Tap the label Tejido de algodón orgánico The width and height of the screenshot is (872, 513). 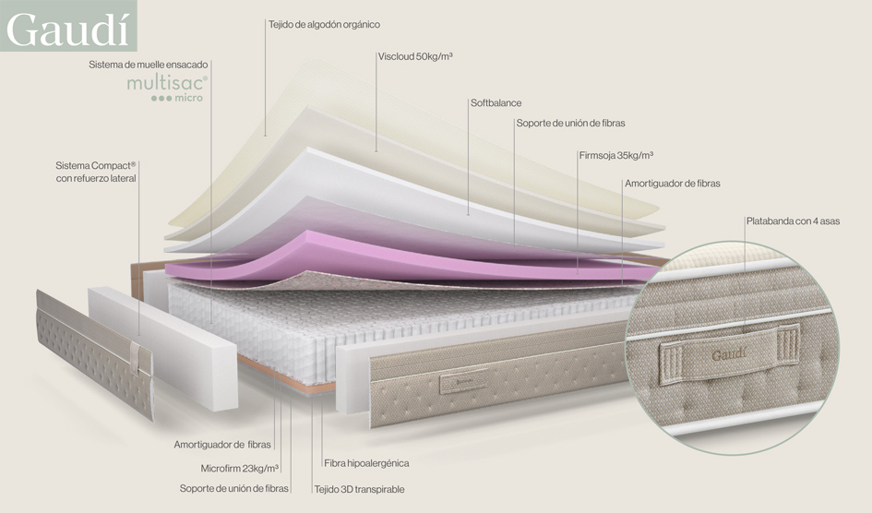click(x=323, y=24)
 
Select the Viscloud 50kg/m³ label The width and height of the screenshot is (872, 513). click(x=415, y=56)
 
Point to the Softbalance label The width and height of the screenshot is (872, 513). click(x=496, y=102)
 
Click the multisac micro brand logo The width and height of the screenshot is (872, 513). click(x=179, y=89)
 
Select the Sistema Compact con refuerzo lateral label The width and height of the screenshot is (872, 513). click(x=96, y=171)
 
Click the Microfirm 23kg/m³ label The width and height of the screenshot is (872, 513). click(x=240, y=468)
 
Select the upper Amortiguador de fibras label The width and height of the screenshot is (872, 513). click(x=672, y=184)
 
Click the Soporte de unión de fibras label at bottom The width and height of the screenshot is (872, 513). click(x=234, y=488)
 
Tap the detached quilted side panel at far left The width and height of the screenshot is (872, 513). click(x=92, y=351)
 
